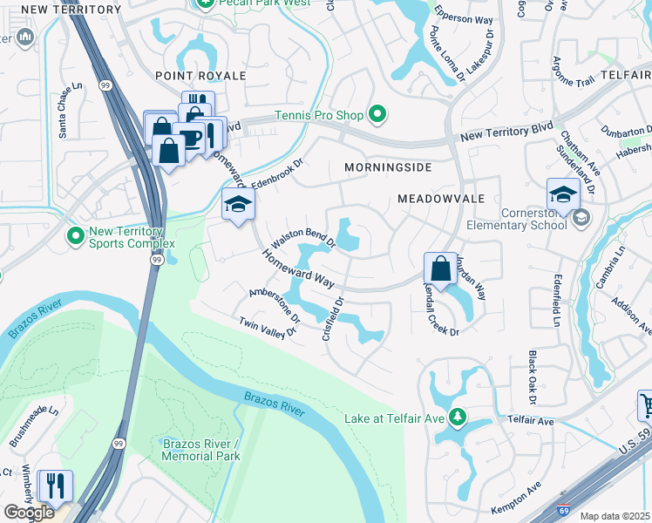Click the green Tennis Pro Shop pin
(377, 114)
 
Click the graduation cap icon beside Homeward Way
(235, 204)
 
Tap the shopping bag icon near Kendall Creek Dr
(441, 268)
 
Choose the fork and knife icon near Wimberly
(56, 486)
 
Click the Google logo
(29, 513)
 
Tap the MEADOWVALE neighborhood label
(441, 199)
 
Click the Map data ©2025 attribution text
(615, 516)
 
